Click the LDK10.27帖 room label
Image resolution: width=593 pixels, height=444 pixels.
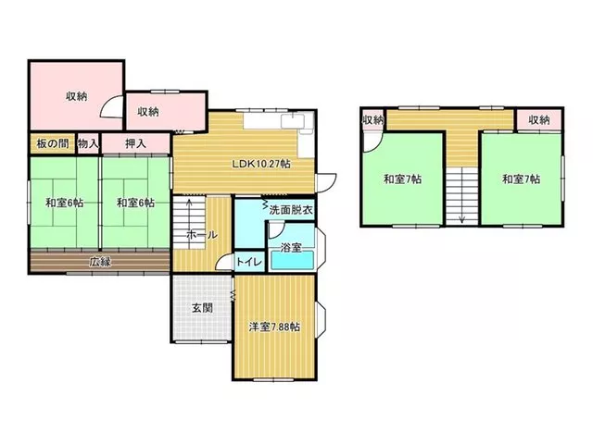point(261,164)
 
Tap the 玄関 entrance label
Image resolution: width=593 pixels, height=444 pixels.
point(202,308)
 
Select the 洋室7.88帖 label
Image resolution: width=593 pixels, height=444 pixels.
point(274,327)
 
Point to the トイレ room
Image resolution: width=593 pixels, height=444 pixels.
point(249,262)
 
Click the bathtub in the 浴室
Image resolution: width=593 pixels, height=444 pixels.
point(293,260)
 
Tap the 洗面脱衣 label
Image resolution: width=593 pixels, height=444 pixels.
point(291,210)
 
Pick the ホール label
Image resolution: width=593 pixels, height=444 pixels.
point(202,235)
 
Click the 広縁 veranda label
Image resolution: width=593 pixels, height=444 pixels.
point(100,261)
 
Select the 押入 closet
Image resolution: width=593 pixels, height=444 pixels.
point(135,143)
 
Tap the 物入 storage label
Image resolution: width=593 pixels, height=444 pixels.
point(88,143)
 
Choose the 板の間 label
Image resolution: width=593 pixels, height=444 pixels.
point(53,143)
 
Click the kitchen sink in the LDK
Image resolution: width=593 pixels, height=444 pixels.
point(293,121)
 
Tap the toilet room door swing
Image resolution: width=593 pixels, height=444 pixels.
point(224,261)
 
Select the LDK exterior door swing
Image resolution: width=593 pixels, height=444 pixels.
point(327,183)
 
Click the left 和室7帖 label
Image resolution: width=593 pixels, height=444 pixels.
point(402,179)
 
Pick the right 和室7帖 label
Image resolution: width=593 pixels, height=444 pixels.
point(521,179)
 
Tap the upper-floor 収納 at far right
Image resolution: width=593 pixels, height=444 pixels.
point(539,120)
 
